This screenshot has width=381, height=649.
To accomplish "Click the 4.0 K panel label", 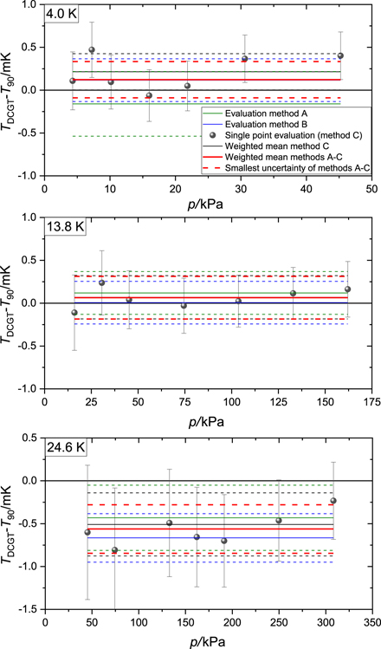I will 64,14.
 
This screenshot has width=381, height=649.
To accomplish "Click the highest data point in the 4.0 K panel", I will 92,50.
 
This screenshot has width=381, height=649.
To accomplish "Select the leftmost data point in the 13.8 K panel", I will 74,313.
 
